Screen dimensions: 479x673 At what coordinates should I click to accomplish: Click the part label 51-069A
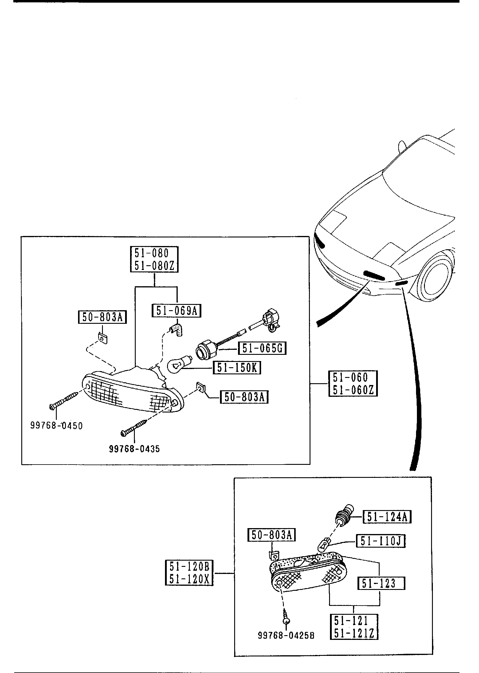click(176, 311)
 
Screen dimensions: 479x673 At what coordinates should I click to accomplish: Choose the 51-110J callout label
click(381, 541)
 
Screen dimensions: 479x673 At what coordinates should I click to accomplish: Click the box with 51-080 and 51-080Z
click(154, 259)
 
